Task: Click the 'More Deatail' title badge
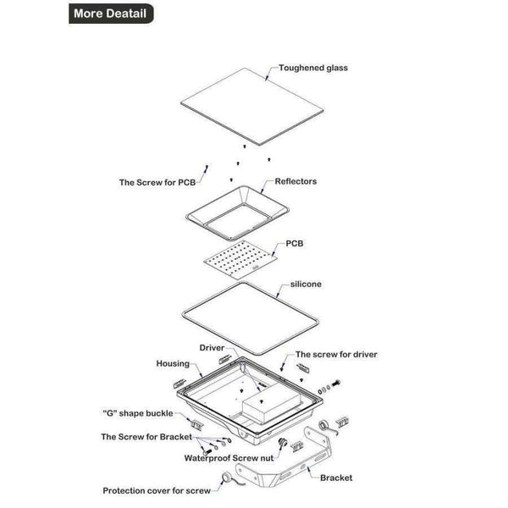[111, 14]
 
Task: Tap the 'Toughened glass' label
[313, 68]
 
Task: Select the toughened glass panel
[251, 107]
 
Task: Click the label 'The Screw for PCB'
[157, 182]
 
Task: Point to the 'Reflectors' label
[295, 181]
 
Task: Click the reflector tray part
[237, 213]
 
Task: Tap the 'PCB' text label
[295, 243]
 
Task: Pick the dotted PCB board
[240, 260]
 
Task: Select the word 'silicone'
[306, 284]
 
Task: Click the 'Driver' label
[212, 348]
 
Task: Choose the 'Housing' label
[173, 364]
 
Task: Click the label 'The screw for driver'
[336, 355]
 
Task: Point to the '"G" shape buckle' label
[138, 413]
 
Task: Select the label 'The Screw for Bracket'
[146, 437]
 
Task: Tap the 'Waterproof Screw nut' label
[229, 458]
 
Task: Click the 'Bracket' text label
[336, 478]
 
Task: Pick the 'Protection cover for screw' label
[157, 491]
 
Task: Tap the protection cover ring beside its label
[226, 478]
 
